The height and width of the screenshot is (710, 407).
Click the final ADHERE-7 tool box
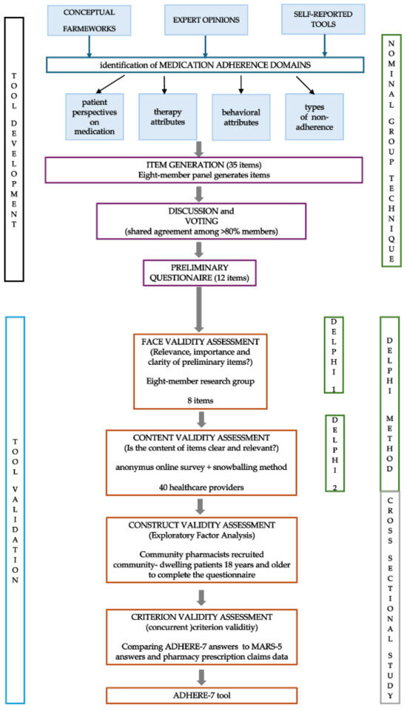pos(202,694)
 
